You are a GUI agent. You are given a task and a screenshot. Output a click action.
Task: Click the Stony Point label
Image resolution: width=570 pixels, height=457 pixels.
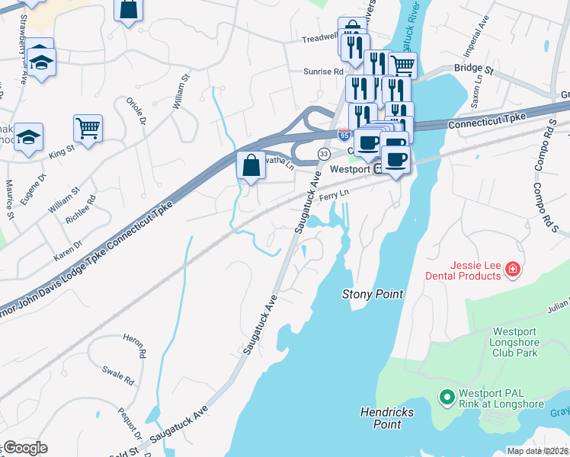[372, 293]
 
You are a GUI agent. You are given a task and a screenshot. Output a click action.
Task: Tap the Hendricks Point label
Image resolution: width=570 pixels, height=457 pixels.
[386, 417]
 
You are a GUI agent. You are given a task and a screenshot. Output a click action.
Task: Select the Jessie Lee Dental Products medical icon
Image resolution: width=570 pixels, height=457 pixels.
[513, 269]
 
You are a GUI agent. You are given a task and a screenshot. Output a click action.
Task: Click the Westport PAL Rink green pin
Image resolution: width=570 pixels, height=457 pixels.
[447, 397]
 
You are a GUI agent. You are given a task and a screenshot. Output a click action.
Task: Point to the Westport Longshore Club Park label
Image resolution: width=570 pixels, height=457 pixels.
[515, 342]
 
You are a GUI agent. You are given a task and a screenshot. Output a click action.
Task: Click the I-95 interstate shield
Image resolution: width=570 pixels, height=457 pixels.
[345, 135]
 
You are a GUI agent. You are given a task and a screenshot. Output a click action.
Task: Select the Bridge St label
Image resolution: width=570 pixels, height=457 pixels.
[474, 69]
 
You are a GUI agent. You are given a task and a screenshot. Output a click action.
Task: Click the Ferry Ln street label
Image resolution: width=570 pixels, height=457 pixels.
[333, 197]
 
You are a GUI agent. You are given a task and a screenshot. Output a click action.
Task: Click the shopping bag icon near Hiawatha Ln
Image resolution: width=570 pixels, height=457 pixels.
[251, 164]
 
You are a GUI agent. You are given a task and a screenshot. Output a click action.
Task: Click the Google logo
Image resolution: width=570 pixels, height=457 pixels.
[24, 448]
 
